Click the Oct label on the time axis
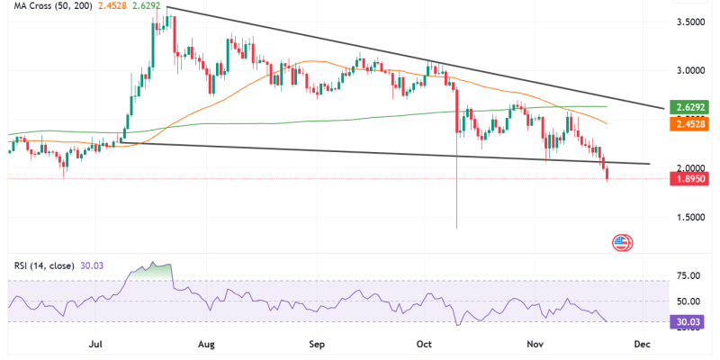[425, 343]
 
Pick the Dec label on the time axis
[642, 343]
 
